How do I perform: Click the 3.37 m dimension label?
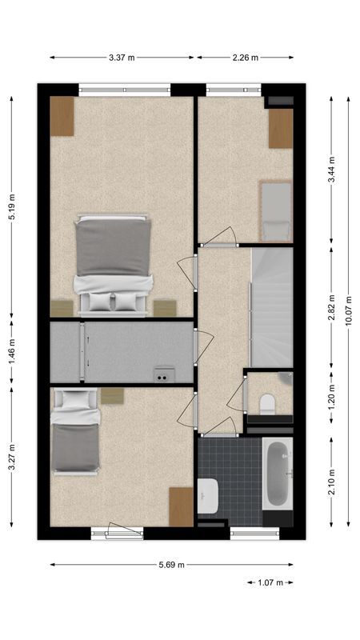tap(122, 57)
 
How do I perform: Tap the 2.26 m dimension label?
tap(245, 57)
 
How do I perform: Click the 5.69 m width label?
tap(170, 564)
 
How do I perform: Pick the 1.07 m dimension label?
tap(269, 582)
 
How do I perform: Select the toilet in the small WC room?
tap(267, 402)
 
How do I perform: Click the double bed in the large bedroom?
tap(113, 262)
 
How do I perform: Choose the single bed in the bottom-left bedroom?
tap(74, 436)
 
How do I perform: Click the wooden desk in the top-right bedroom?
tap(280, 129)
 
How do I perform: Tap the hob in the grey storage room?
tap(164, 373)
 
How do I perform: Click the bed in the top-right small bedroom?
tap(275, 210)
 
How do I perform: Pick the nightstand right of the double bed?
tap(165, 308)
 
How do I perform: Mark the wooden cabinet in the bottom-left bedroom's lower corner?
tap(181, 506)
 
